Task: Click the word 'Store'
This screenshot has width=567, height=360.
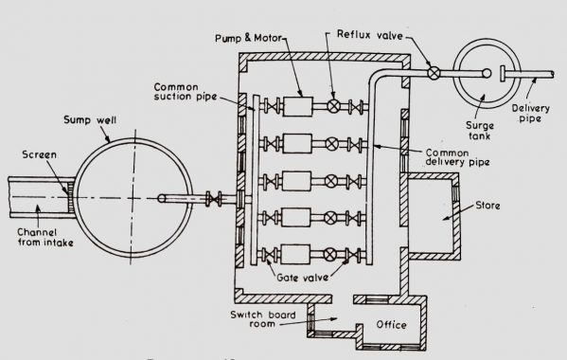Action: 502,203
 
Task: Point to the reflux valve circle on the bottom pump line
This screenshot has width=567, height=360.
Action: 332,253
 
